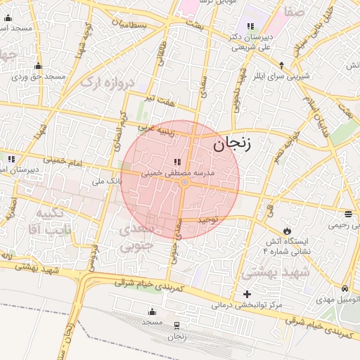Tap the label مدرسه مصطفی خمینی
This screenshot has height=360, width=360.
coord(178,172)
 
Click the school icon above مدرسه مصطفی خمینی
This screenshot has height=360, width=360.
coord(177,162)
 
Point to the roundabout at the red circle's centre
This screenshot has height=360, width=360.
coord(184,183)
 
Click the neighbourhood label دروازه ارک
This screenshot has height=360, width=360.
coord(106,82)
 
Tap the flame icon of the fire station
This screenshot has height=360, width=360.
coord(286,231)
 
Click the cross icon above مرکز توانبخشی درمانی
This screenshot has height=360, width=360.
coord(246,294)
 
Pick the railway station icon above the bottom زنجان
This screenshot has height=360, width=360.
coord(176,326)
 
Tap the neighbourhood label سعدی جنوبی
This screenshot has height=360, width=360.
coord(135,237)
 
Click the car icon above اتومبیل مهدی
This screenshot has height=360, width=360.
coord(345,289)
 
